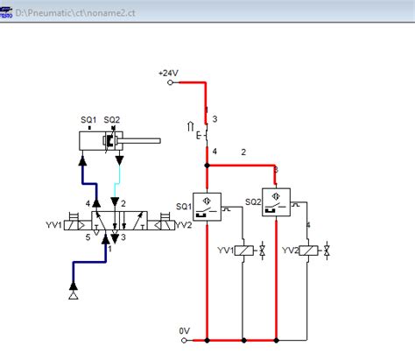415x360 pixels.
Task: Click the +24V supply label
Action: [x=167, y=73]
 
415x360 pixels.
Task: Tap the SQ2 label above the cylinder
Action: [x=112, y=121]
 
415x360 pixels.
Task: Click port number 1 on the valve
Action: [x=109, y=249]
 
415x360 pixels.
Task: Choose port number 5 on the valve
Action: [x=87, y=236]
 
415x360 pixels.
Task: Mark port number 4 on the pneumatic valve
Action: [x=88, y=204]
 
